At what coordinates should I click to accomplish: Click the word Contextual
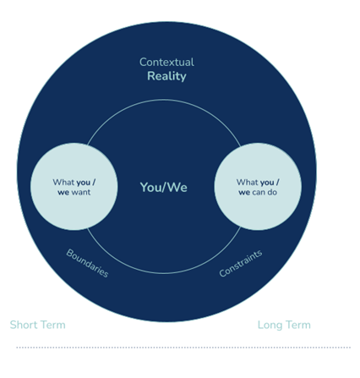point(166,63)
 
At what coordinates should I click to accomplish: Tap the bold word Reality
point(166,76)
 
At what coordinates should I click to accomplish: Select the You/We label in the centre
point(164,188)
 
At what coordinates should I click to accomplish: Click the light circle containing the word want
point(74,187)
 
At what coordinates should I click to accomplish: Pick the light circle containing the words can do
point(258,187)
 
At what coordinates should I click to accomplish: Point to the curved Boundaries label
point(87,263)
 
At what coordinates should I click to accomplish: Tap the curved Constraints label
point(241,263)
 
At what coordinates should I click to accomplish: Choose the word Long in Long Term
point(270,325)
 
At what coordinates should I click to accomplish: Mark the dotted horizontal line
point(183,348)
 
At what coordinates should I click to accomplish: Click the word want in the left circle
point(81,193)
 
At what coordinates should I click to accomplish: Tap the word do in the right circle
point(272,192)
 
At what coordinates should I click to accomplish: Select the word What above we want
point(63,183)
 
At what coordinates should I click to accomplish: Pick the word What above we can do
point(248,183)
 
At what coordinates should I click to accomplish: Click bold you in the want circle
point(83,183)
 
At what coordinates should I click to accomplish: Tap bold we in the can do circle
point(244,193)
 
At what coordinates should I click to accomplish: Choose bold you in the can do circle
point(267,183)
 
